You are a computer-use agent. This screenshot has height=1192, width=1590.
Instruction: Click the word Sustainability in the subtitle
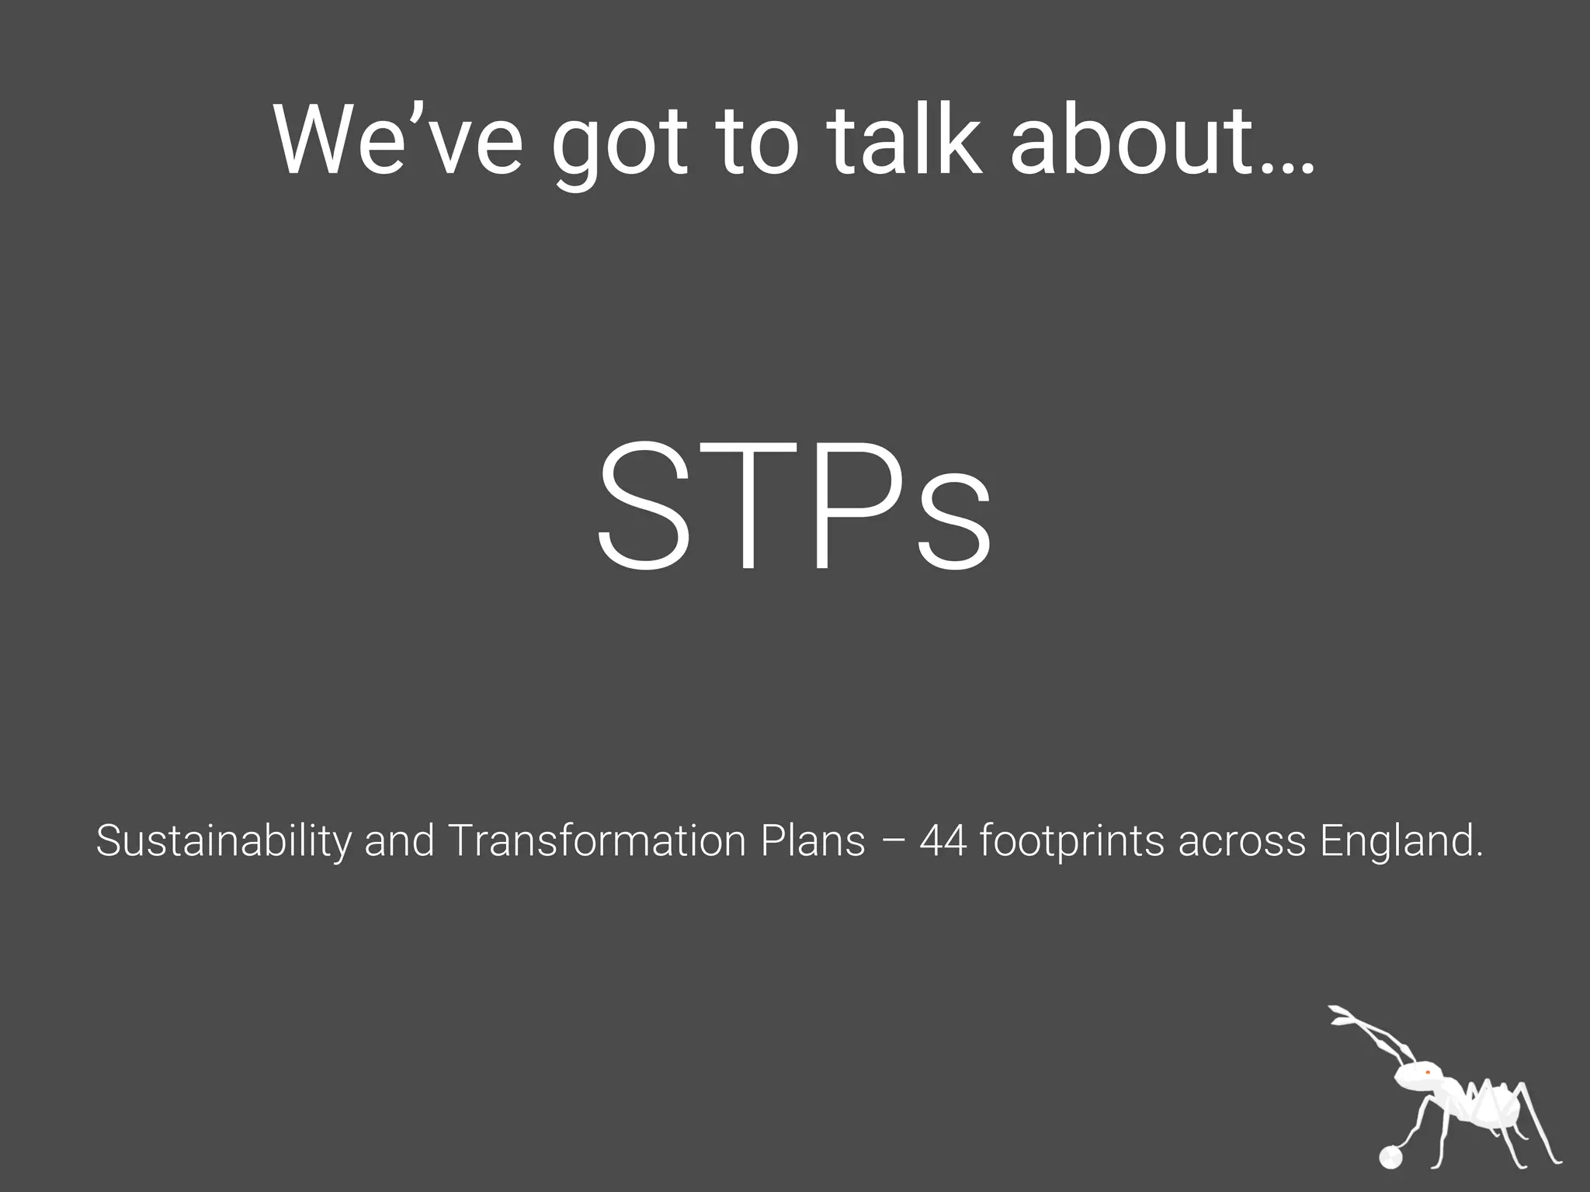(x=223, y=841)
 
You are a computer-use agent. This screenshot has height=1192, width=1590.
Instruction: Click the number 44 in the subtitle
(x=944, y=841)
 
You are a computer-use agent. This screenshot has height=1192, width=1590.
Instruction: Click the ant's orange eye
(x=1427, y=1072)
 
